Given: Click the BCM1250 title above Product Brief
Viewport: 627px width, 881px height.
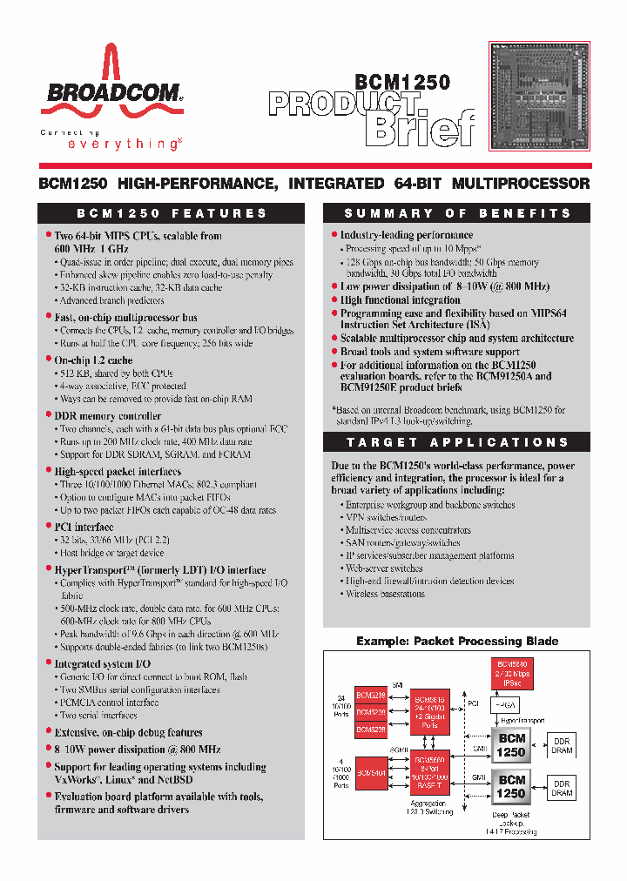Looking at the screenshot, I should [401, 83].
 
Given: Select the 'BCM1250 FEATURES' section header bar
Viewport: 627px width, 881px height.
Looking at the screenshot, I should [172, 213].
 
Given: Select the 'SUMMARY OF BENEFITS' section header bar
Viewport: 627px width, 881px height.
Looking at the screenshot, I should [457, 213].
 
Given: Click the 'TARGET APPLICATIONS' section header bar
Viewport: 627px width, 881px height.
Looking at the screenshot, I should [457, 442].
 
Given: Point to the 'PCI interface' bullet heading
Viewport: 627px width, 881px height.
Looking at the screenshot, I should [84, 527].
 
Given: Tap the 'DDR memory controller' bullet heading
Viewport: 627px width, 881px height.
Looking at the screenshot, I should [107, 416].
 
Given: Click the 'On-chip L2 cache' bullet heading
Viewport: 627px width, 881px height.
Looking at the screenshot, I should [93, 360].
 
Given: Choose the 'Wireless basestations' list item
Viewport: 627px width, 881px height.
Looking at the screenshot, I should [385, 594].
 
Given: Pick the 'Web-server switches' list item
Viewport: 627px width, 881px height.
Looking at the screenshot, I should [384, 568].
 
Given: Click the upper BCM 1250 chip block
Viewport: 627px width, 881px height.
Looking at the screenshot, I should [511, 744].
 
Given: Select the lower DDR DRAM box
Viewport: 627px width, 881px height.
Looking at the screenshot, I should [562, 788].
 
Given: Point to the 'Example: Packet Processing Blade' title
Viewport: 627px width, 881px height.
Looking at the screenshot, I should [457, 641].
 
